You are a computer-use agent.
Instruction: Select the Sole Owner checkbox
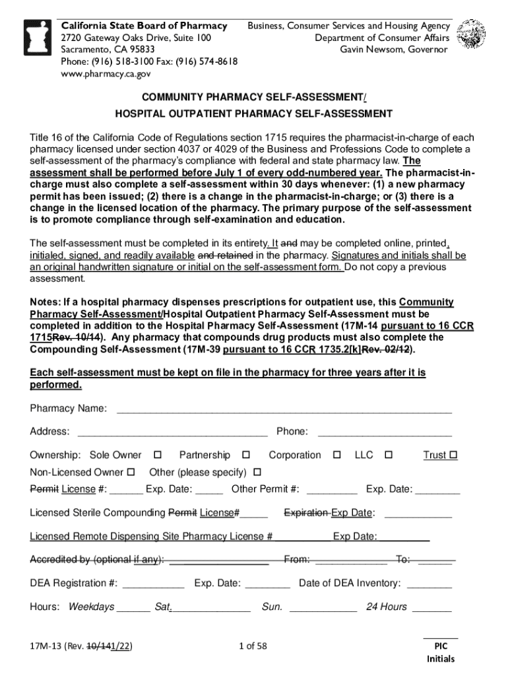[158, 456]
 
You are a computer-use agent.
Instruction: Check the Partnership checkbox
[246, 456]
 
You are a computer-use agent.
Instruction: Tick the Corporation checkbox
[336, 456]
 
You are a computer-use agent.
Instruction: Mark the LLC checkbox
[389, 456]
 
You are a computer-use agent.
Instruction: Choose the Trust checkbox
[453, 456]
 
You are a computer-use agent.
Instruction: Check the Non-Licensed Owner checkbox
[130, 473]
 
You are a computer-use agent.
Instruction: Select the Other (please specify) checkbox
[257, 473]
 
